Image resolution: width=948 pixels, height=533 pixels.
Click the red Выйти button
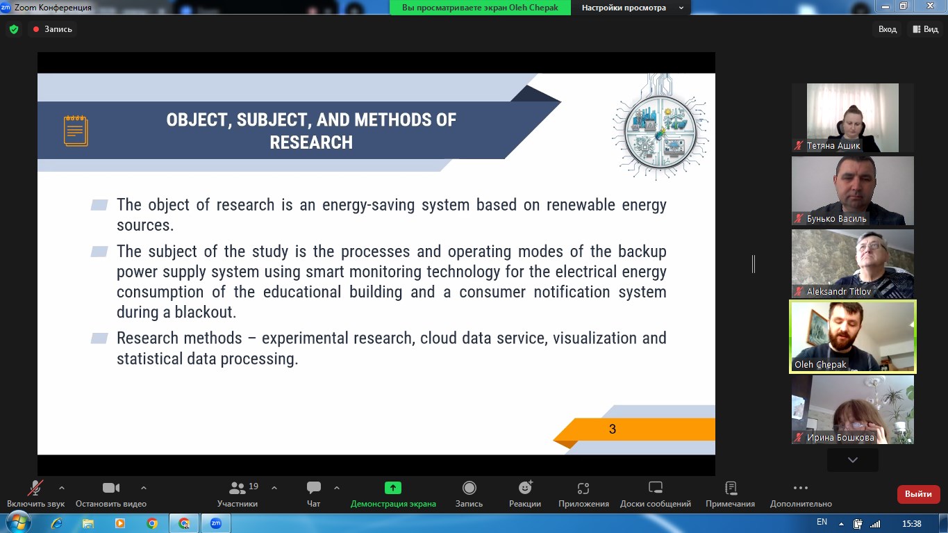coord(918,493)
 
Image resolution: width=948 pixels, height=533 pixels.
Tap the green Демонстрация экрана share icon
coord(393,488)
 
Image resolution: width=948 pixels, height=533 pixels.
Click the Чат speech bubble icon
coord(314,488)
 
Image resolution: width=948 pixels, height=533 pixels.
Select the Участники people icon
coord(237,489)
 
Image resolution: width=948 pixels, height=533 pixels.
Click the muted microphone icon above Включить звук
coord(35,488)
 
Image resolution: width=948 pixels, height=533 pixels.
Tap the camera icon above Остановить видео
coord(111,488)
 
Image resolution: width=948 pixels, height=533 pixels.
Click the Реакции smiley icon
coord(525,488)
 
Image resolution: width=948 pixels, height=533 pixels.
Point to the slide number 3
coord(613,429)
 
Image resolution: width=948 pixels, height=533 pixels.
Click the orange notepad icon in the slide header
coord(76,131)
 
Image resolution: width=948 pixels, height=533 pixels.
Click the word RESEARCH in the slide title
coord(311,142)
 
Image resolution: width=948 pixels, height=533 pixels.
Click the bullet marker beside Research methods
coord(99,338)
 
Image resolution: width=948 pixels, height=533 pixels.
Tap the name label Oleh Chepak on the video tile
coord(820,364)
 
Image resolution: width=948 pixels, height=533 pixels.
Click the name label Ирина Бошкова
coord(840,437)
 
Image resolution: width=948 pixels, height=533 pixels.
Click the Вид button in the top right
coord(926,29)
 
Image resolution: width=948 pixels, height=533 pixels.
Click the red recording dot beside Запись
coord(36,29)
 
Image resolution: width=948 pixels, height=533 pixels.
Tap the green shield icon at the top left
coord(14,29)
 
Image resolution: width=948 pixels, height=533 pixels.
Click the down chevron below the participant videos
coord(853,460)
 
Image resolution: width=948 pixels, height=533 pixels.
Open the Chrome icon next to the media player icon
coord(152,524)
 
